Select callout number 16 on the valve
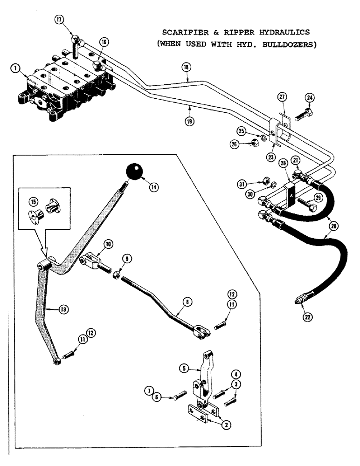coord(103,42)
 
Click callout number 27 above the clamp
coord(281,97)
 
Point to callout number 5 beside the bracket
coord(185,368)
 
